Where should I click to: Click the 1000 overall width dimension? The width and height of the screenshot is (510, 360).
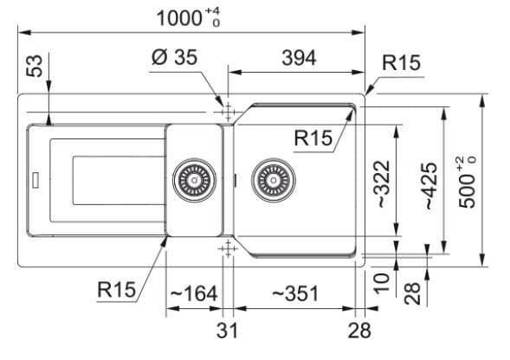(188, 17)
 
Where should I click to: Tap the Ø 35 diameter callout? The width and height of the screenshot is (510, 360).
(175, 57)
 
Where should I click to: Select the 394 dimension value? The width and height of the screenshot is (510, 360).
(299, 58)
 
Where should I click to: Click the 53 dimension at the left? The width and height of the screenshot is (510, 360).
(35, 66)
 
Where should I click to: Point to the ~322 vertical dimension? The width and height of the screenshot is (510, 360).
(384, 184)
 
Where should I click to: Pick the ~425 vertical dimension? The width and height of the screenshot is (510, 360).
(430, 186)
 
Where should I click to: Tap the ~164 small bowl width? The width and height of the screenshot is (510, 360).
(194, 293)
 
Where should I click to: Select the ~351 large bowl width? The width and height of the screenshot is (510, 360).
(295, 293)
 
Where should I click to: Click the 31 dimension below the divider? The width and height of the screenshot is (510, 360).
(227, 331)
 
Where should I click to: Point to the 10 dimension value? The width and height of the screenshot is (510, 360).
(381, 284)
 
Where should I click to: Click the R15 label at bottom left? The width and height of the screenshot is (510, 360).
(116, 289)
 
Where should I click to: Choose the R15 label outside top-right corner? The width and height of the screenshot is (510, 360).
(402, 63)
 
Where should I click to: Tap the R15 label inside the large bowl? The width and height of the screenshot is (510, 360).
(313, 138)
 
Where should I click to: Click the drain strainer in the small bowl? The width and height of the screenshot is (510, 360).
(194, 180)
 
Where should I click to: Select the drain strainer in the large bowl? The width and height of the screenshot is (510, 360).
(274, 180)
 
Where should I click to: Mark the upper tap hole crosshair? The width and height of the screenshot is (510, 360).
(228, 112)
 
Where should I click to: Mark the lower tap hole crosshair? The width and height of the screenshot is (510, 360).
(228, 249)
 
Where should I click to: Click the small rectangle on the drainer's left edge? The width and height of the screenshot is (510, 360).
(36, 180)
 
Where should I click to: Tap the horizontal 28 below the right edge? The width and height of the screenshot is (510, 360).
(359, 331)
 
